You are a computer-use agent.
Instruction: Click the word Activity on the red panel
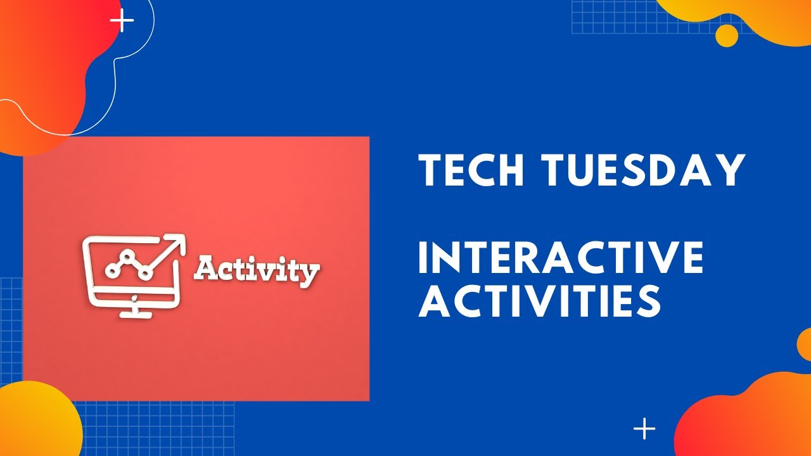tap(257, 271)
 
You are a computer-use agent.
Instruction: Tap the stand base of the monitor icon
tap(134, 313)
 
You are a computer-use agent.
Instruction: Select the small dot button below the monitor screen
tap(134, 296)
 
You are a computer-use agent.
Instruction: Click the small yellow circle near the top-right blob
tap(727, 35)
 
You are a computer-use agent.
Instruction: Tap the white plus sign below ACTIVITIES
tap(644, 429)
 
